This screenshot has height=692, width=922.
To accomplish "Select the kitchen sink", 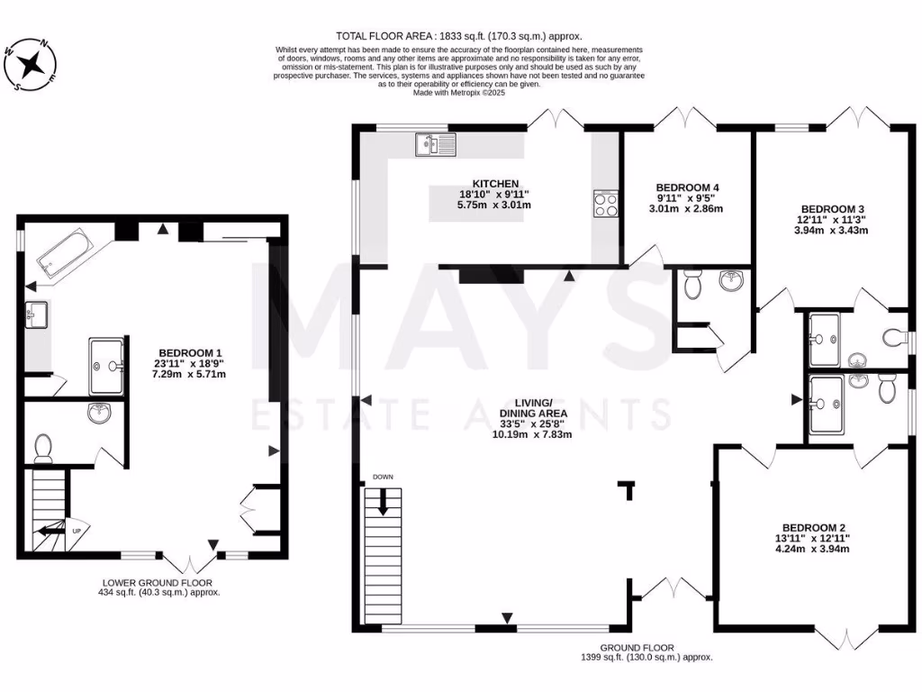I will [x=437, y=143].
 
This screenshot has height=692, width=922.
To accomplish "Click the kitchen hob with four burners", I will [x=605, y=205].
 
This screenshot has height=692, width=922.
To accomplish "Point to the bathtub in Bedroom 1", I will [x=62, y=251].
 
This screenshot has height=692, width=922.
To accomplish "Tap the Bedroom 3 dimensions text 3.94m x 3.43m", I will [x=831, y=230].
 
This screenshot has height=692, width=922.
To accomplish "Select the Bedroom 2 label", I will [x=813, y=527].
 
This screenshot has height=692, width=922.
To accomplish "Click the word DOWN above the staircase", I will [x=383, y=477].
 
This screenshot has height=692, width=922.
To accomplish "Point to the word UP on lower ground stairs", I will [x=77, y=530].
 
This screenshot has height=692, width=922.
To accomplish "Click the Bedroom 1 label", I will [x=190, y=352].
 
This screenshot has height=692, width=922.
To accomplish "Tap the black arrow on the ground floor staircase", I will [x=383, y=502].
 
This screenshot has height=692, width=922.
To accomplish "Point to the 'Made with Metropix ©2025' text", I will [x=461, y=92].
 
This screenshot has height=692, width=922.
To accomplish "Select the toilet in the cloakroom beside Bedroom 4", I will [x=693, y=286].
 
